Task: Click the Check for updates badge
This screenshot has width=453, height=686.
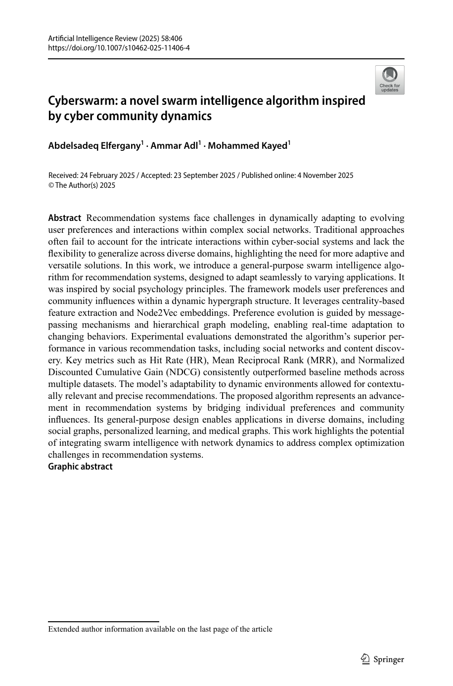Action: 389,80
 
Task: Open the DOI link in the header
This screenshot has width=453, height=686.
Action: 119,48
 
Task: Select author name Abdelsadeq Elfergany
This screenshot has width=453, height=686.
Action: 94,146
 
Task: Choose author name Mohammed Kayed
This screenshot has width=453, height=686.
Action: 247,146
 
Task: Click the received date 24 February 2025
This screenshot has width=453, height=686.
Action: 107,175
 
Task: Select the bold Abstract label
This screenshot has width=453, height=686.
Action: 64,218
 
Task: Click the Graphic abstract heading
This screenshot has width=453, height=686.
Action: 80,467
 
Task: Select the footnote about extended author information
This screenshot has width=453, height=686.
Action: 160,629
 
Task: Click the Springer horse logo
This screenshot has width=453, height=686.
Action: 365,659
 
